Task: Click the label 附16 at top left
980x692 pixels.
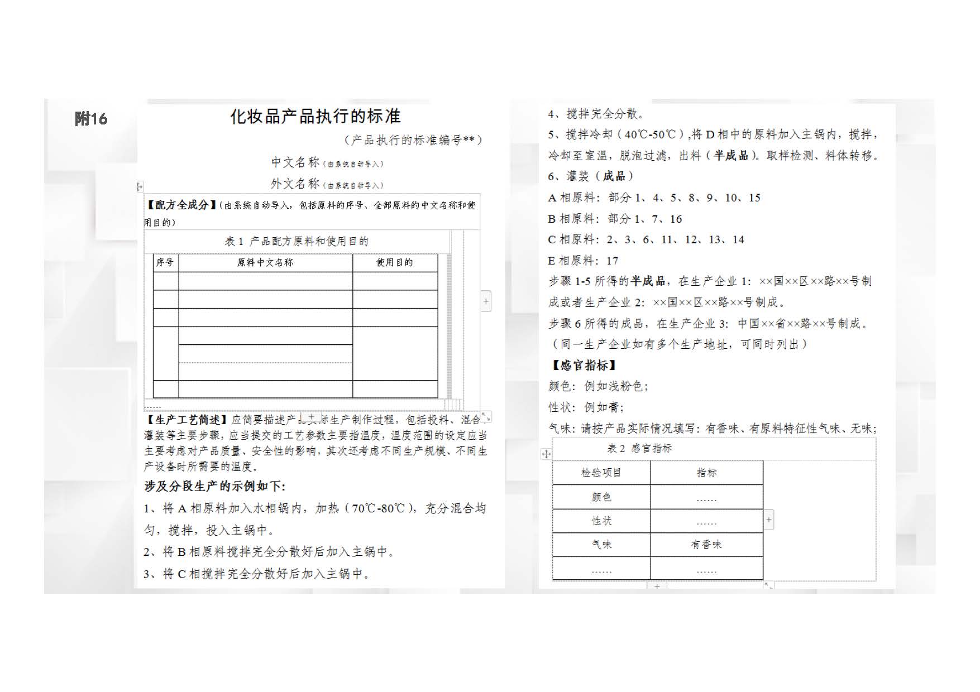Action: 90,118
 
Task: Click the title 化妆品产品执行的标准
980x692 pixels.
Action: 315,116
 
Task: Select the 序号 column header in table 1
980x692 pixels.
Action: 165,262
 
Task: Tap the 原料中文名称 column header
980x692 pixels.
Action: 265,262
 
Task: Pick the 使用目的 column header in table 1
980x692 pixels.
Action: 394,262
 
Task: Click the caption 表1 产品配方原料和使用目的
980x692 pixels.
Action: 297,241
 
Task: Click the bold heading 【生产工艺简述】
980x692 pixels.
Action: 186,420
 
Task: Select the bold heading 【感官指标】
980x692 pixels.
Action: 584,366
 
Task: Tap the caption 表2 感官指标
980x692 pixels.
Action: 639,448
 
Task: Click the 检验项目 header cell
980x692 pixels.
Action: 601,473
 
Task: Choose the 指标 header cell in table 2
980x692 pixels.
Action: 706,473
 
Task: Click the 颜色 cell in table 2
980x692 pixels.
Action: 601,497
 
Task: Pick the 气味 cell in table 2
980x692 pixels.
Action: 601,544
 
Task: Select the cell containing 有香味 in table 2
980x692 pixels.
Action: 706,544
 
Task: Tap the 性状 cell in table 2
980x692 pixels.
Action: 601,521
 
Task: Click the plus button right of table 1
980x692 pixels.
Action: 486,301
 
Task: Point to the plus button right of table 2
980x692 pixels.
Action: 769,520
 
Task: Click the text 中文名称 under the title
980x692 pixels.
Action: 295,162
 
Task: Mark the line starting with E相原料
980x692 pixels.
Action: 583,261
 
